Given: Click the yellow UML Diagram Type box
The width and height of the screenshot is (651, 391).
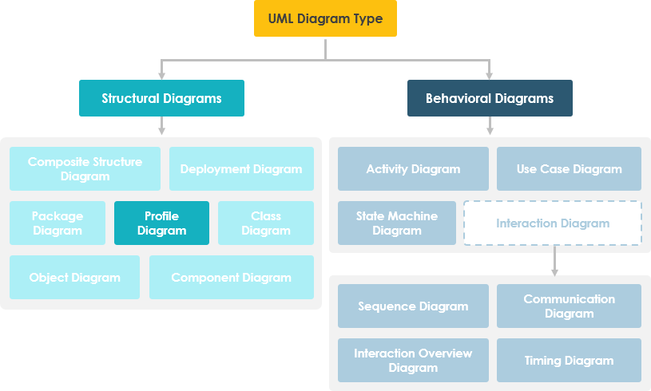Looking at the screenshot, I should click(325, 18).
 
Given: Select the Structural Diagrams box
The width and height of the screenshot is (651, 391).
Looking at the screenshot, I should click(161, 98).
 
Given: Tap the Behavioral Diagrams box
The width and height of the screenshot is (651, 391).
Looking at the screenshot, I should click(490, 98).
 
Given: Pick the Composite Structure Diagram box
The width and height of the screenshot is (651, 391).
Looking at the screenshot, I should click(85, 168).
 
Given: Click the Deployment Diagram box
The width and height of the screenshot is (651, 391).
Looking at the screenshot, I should click(241, 168).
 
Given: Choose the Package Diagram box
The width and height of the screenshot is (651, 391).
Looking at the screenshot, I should click(58, 223).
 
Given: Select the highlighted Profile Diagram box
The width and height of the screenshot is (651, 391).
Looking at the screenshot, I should click(161, 223).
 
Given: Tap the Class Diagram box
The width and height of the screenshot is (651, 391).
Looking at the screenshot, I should click(266, 223).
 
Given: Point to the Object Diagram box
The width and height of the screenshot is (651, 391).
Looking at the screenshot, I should click(74, 277).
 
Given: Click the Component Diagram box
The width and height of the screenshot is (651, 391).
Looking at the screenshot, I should click(231, 277).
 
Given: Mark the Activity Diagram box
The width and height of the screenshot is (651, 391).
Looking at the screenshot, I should click(413, 168).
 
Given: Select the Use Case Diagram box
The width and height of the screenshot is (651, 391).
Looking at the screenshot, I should click(569, 168).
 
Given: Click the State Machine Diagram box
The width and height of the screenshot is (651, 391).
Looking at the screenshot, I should click(397, 223).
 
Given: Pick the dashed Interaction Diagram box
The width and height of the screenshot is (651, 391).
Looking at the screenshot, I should click(553, 223).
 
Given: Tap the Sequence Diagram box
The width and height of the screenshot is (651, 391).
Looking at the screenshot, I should click(413, 306).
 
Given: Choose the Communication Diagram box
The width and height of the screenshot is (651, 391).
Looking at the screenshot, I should click(569, 306).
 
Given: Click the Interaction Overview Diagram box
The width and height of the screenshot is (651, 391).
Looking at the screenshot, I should click(413, 360).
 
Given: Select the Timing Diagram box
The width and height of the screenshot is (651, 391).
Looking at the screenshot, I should click(569, 360).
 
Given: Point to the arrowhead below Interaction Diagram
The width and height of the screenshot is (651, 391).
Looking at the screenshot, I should click(554, 271).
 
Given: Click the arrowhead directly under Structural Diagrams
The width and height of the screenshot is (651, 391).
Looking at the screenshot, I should click(161, 130).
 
